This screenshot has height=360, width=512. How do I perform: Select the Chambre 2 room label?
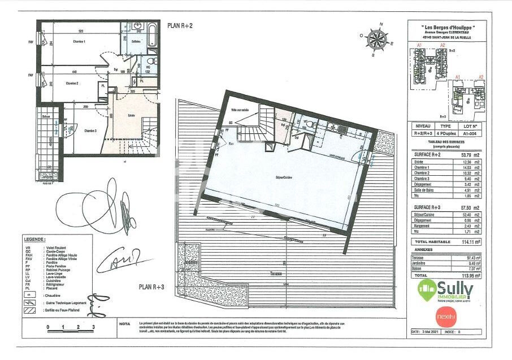(71, 83)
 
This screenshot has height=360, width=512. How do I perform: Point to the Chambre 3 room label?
(90, 131)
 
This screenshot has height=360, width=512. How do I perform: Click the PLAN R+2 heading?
(180, 25)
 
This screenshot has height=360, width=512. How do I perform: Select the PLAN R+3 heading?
(151, 287)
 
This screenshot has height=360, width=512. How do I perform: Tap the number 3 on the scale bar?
(93, 327)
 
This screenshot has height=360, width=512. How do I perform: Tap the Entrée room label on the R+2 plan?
(132, 115)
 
